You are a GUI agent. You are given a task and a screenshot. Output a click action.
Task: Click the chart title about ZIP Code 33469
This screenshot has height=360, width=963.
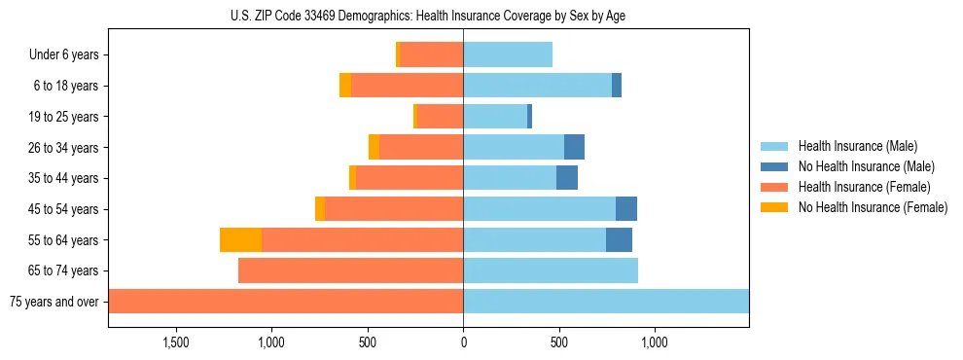coord(428,16)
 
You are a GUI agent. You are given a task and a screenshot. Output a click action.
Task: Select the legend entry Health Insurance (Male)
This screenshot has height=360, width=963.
coord(856,146)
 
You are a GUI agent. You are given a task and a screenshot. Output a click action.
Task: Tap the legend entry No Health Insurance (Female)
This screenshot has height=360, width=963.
coord(873,207)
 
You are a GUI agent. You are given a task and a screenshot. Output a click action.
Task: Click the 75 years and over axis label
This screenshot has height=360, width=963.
coord(54,302)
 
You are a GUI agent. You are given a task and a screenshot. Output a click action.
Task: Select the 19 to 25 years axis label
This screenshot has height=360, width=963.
coord(63,117)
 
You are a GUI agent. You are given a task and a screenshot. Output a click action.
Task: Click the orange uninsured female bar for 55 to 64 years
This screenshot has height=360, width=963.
coord(240,240)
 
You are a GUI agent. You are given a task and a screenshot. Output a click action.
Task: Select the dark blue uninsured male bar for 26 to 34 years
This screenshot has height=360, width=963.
coord(574,148)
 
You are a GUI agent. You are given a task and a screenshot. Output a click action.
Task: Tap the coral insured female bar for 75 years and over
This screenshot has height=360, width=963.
coord(286,302)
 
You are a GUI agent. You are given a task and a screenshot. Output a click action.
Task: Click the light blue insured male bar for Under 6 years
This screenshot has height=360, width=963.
coord(508,55)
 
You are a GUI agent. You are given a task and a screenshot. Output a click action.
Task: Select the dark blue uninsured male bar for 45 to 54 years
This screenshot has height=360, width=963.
coord(626,209)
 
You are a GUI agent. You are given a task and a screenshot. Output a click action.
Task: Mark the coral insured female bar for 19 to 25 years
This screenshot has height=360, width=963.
coord(440,117)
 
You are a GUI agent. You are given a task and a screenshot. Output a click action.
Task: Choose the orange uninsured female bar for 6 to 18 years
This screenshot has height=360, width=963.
coord(345,86)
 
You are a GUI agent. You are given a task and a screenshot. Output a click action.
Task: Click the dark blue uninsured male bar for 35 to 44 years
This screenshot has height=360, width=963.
coord(567,178)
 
